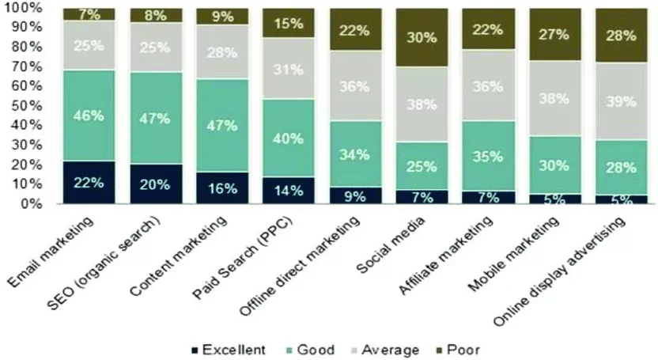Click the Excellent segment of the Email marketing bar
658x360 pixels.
(x=89, y=182)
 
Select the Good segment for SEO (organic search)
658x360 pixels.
(x=156, y=118)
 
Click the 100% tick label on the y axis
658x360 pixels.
(x=29, y=8)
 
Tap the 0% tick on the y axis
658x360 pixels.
(x=36, y=203)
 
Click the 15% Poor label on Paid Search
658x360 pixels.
(x=289, y=24)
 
